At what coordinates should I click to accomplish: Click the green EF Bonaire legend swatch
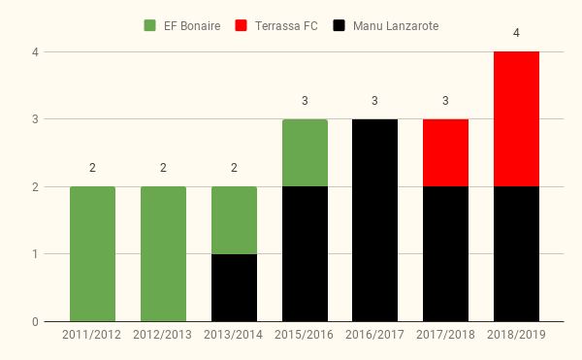tap(149, 25)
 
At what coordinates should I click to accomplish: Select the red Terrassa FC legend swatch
tap(241, 25)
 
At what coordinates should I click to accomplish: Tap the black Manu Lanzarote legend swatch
tap(339, 25)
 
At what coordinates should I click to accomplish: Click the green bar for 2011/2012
tap(92, 254)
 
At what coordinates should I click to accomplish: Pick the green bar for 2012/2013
tap(163, 254)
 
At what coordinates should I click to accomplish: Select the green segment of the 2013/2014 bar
tap(234, 220)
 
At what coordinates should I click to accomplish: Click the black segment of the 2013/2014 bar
tap(234, 287)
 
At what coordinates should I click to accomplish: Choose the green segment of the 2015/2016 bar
tap(305, 153)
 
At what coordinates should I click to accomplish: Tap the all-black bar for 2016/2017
tap(374, 220)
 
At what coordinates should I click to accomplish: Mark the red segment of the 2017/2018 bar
tap(445, 153)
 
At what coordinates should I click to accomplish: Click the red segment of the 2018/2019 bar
tap(516, 118)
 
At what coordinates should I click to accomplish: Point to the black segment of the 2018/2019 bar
tap(516, 254)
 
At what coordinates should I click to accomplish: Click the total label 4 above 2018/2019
tap(516, 33)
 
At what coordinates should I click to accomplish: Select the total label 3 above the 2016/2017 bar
tap(374, 101)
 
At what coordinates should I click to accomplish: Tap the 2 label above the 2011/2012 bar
tap(92, 168)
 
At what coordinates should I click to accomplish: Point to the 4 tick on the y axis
tap(35, 52)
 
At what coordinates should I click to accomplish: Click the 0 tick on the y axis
tap(35, 322)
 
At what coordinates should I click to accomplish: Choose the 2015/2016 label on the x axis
tap(304, 335)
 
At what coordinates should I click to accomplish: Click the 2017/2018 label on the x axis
tap(445, 335)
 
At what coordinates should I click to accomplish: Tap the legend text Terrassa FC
tap(286, 26)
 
